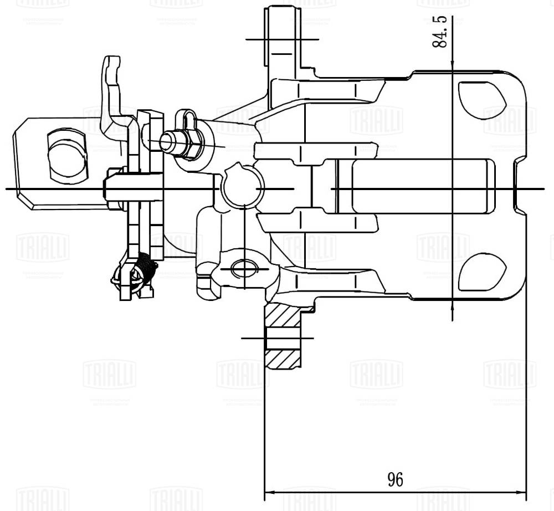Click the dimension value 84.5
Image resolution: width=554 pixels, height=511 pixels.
tap(440, 32)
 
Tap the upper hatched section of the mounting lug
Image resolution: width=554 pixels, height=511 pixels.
tap(282, 315)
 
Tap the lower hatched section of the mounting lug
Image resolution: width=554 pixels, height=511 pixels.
tap(283, 359)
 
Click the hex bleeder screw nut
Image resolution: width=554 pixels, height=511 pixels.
tap(189, 143)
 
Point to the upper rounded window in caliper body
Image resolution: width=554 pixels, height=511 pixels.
tap(481, 100)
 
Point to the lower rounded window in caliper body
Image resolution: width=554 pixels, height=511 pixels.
tap(481, 272)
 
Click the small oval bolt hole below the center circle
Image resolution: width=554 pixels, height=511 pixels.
tap(244, 269)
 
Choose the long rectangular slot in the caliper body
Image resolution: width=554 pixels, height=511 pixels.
tap(421, 186)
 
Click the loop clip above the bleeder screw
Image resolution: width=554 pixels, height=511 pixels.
tap(189, 119)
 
